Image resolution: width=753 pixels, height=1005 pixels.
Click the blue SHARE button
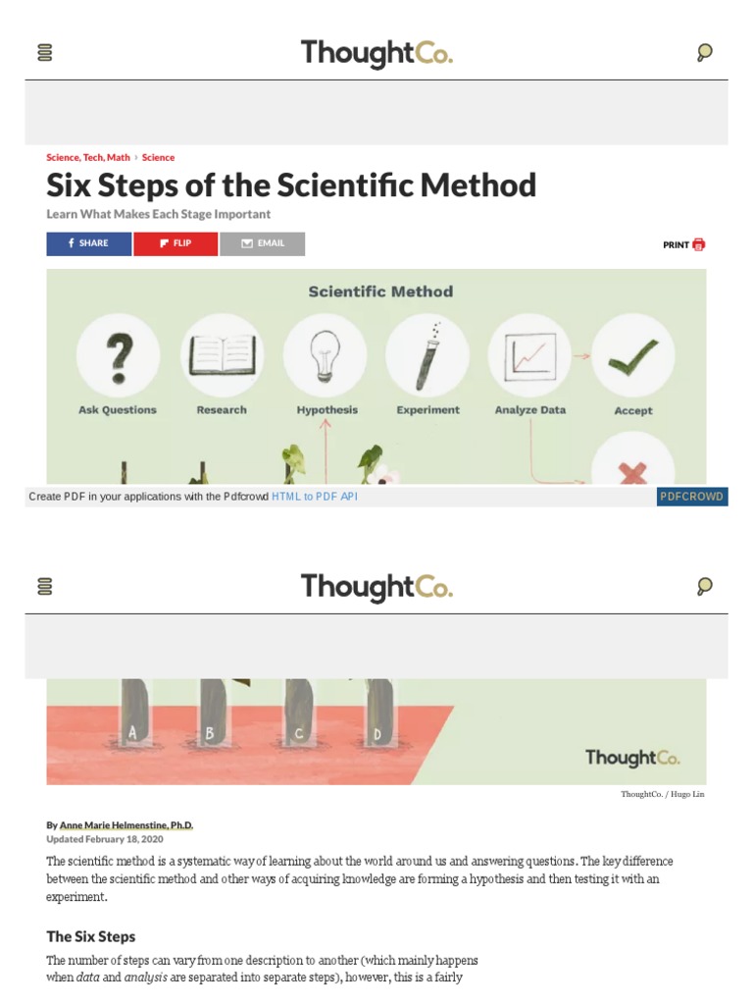click(89, 243)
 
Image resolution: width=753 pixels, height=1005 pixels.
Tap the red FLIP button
click(176, 243)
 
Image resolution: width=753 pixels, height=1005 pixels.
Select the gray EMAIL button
click(262, 243)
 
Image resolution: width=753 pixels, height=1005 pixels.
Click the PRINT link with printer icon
click(683, 244)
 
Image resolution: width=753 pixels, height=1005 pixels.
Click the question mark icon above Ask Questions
click(118, 355)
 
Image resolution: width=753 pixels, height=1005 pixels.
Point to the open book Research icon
click(222, 355)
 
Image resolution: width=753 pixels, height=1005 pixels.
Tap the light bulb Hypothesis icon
click(326, 355)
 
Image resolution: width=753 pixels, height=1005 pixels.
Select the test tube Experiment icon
click(427, 355)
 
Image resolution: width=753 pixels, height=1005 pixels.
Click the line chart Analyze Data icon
click(529, 355)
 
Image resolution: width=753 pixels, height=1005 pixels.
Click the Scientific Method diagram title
click(380, 291)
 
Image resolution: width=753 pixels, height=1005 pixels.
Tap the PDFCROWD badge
click(692, 497)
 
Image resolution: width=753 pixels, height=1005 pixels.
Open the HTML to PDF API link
click(315, 497)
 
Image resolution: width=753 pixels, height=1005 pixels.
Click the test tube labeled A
click(132, 716)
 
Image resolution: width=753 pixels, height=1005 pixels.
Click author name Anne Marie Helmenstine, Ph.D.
click(127, 825)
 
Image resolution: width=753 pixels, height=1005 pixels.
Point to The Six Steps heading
click(91, 936)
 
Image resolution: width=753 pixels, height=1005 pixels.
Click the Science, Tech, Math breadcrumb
click(88, 157)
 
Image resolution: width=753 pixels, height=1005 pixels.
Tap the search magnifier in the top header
click(704, 53)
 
